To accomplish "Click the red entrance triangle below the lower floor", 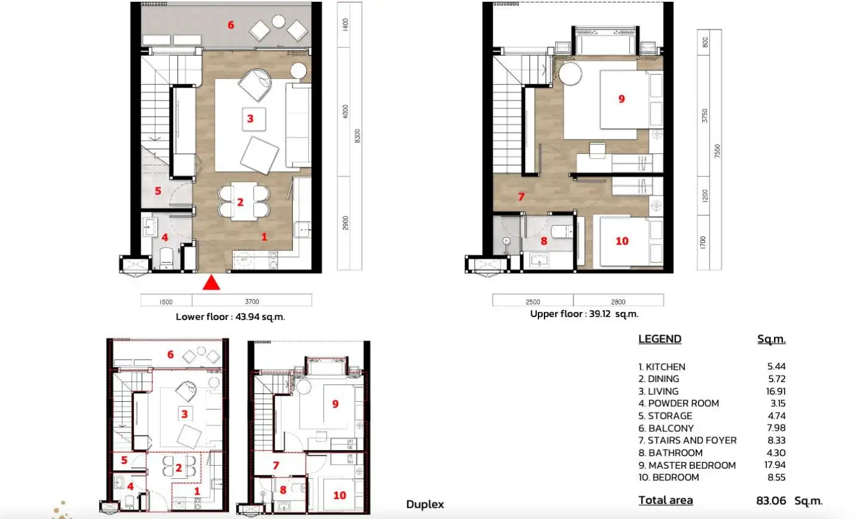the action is coord(211,283).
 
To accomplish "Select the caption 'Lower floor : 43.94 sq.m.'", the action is coord(230,317).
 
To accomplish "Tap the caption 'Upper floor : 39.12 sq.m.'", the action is coord(584,314).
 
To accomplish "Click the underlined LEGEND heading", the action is coord(660,339).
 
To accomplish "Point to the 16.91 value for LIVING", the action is coord(776,391).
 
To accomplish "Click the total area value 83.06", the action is coord(771,501).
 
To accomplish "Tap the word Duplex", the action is coord(425,505).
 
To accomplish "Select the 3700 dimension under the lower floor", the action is coord(252,302).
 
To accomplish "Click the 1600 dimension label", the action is coord(166,302).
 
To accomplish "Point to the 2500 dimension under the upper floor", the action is coord(533,302).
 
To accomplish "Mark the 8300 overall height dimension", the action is coord(357,136).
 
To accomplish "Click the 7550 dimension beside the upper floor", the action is coord(717,151).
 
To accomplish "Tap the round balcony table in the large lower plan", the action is coord(279,21).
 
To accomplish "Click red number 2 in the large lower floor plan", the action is coord(240,202).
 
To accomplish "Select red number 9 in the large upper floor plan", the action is coord(622,99).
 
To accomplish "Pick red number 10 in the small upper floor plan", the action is coord(340,495).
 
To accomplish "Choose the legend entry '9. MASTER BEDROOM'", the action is coord(687,465).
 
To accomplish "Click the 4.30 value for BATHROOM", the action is coord(776,453).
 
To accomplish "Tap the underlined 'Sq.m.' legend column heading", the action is coord(771,339).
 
